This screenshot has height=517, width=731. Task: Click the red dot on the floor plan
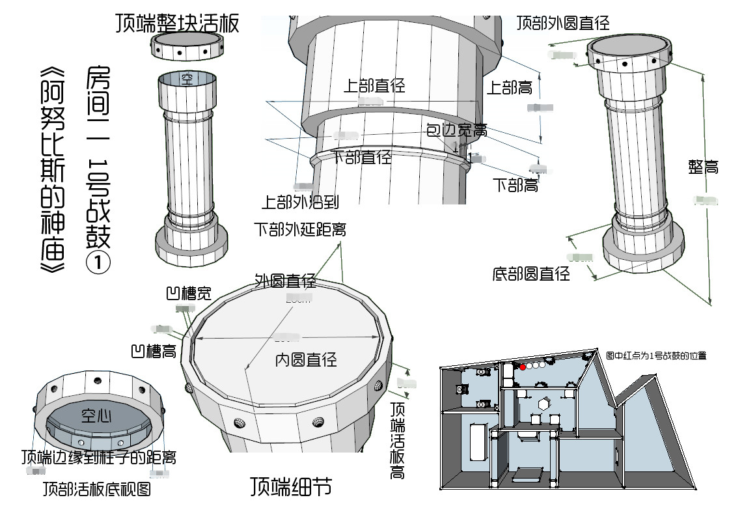pyautogui.click(x=522, y=367)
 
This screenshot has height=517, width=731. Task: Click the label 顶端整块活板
pyautogui.click(x=177, y=23)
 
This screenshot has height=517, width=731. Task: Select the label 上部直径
pyautogui.click(x=374, y=85)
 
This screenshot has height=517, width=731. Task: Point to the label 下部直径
pyautogui.click(x=361, y=157)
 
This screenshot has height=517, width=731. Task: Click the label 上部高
pyautogui.click(x=510, y=87)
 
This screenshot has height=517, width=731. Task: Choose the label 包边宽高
pyautogui.click(x=456, y=130)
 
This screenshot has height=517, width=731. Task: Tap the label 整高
pyautogui.click(x=703, y=167)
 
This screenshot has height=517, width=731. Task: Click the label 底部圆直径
pyautogui.click(x=531, y=274)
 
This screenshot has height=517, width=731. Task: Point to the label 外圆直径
pyautogui.click(x=285, y=281)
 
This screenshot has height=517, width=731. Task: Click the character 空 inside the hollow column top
pyautogui.click(x=187, y=80)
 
